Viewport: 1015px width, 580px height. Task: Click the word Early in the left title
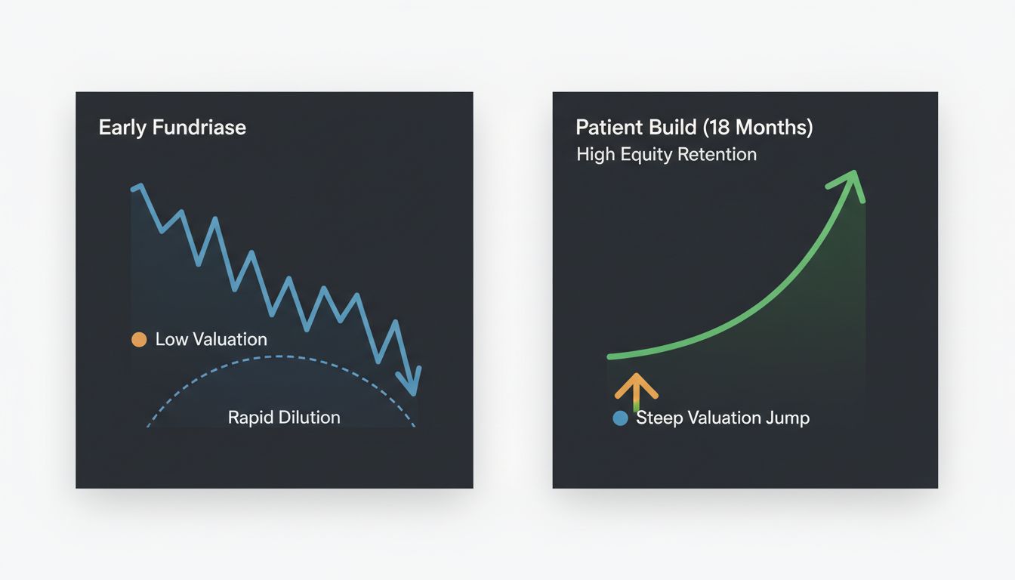(x=122, y=127)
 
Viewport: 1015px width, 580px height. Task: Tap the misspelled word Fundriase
(x=199, y=127)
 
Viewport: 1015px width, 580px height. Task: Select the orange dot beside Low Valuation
(x=139, y=339)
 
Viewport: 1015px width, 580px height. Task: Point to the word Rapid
(x=249, y=417)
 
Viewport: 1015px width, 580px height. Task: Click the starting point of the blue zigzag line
(x=134, y=188)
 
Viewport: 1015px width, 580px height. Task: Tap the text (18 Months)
(x=757, y=127)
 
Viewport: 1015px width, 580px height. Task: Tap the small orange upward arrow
(x=636, y=387)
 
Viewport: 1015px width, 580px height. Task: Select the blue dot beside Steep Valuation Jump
(x=620, y=418)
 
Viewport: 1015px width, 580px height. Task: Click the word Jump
(x=788, y=418)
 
